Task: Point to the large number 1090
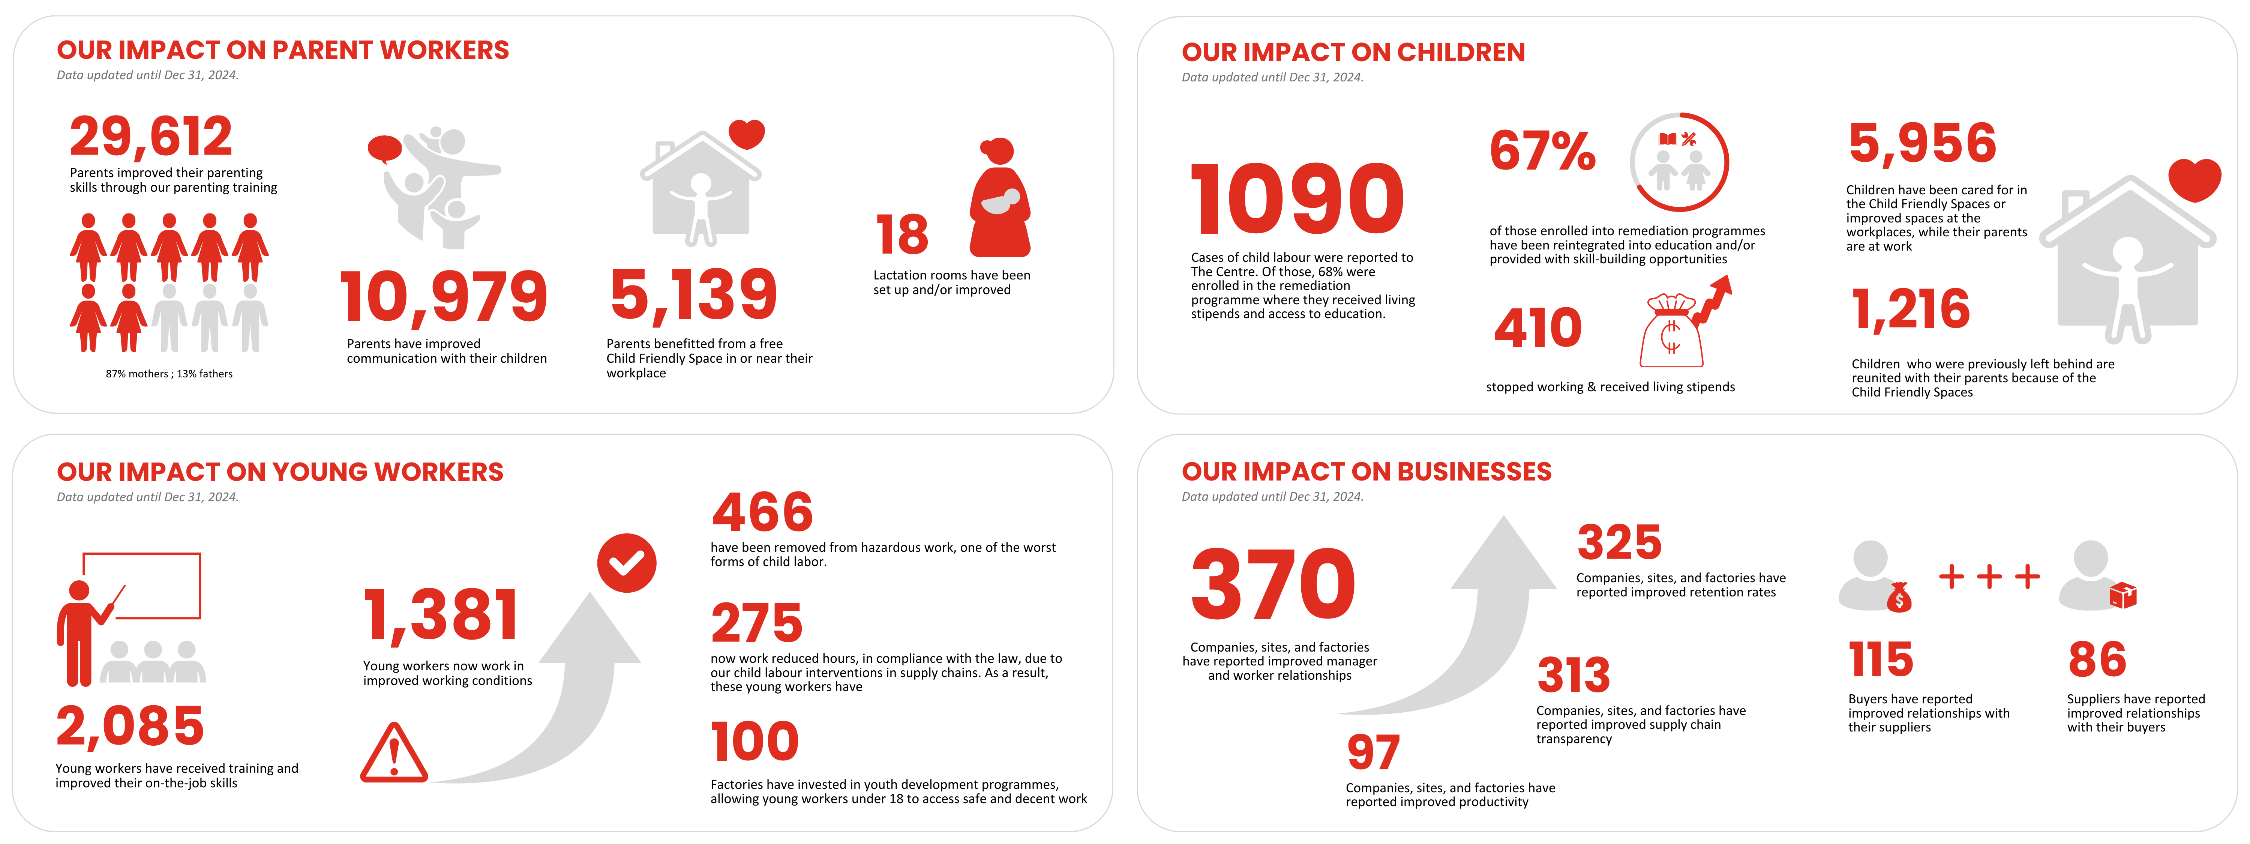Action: click(x=1297, y=200)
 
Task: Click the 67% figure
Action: click(x=1542, y=151)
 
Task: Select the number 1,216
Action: click(x=1910, y=309)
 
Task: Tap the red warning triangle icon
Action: click(x=394, y=753)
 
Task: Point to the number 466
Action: click(x=762, y=512)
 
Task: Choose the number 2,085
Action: click(x=130, y=726)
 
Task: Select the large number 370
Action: click(x=1273, y=584)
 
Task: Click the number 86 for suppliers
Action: click(x=2096, y=660)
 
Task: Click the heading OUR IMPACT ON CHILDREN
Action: click(x=1353, y=53)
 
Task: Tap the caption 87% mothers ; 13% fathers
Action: click(x=169, y=374)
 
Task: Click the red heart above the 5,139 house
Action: click(x=747, y=134)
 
